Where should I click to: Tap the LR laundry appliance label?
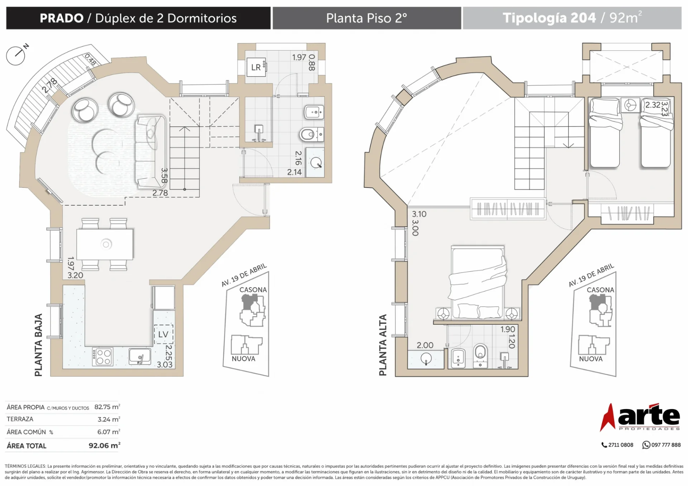256,67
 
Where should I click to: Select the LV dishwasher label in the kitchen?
163,334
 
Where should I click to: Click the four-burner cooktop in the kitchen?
103,357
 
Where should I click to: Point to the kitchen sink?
140,356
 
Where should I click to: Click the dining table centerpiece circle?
106,244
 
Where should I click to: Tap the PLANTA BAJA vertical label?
38,345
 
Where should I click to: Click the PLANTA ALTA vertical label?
383,345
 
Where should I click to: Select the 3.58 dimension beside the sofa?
164,175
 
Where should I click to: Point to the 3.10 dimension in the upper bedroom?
419,214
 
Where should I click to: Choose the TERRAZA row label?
20,419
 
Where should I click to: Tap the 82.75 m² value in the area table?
107,407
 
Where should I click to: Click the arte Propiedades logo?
640,417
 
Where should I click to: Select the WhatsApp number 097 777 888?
661,445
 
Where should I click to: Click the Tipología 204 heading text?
549,18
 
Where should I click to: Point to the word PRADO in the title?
62,18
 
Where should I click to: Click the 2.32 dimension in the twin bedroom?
653,105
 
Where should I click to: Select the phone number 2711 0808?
617,445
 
